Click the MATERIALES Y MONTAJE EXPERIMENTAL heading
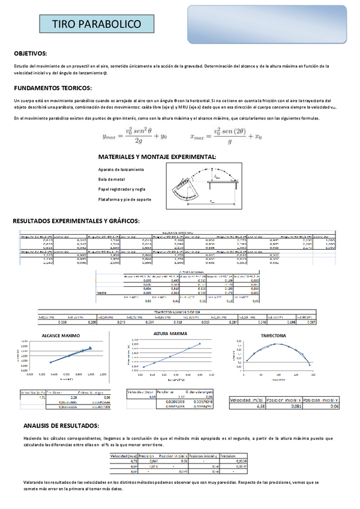[x=157, y=157]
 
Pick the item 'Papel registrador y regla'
[x=122, y=189]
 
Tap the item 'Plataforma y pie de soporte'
[x=124, y=199]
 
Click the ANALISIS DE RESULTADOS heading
[x=61, y=426]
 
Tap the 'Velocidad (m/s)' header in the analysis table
[x=123, y=456]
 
